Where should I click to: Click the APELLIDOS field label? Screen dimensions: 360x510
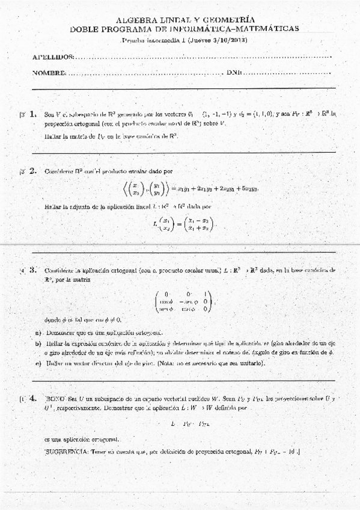pyautogui.click(x=53, y=57)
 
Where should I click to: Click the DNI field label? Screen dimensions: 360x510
pyautogui.click(x=234, y=73)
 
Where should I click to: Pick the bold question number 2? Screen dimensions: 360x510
pyautogui.click(x=32, y=171)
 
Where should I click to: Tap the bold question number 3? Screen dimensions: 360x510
pyautogui.click(x=32, y=269)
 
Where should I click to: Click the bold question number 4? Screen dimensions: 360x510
pyautogui.click(x=32, y=398)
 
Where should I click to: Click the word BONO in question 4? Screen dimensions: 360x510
pyautogui.click(x=55, y=398)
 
